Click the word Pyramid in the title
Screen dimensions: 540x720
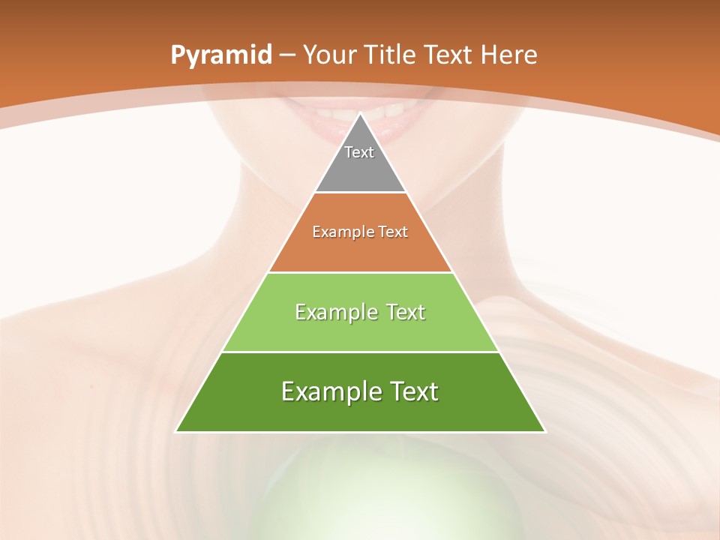(x=221, y=55)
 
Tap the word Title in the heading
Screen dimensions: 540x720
(x=391, y=55)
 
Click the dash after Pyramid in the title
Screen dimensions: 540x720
(x=287, y=55)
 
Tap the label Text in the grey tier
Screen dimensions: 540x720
(x=359, y=152)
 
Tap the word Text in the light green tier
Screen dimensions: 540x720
(x=403, y=312)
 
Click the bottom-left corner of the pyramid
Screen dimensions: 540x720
(x=176, y=431)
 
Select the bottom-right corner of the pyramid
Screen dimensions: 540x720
(x=545, y=431)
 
